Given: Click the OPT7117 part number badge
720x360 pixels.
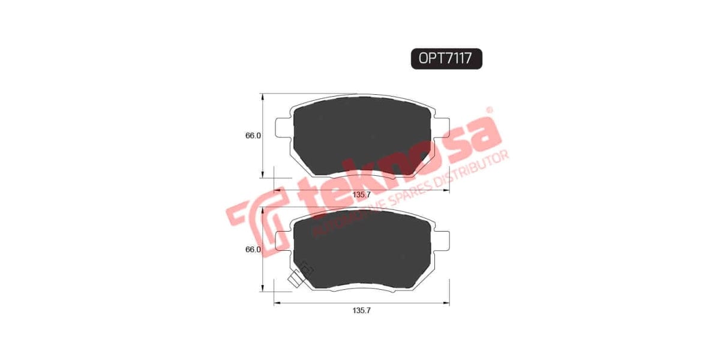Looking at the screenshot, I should (x=446, y=58).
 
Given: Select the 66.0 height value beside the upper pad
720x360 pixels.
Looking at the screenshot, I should (x=253, y=136).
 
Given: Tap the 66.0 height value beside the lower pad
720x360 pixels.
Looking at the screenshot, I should (x=253, y=250).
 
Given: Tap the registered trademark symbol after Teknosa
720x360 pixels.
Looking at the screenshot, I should (x=489, y=110).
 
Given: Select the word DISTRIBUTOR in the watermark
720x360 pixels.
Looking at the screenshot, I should (x=474, y=169).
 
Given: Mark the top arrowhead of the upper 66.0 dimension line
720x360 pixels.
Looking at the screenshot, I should (x=263, y=96).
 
